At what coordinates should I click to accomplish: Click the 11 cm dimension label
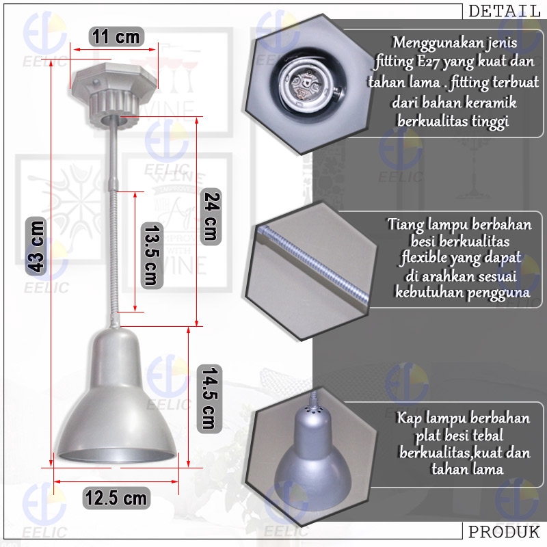click(x=116, y=37)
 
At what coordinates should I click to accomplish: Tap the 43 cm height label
click(x=36, y=246)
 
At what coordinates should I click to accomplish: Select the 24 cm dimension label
click(x=211, y=216)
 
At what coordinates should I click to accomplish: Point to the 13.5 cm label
click(x=152, y=255)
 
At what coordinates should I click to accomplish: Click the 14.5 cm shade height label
click(x=209, y=398)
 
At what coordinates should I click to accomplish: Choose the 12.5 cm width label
click(x=116, y=498)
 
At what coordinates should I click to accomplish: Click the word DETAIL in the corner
click(x=504, y=11)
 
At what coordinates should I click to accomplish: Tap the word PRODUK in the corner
click(x=504, y=532)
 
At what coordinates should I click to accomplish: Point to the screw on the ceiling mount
click(x=95, y=83)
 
